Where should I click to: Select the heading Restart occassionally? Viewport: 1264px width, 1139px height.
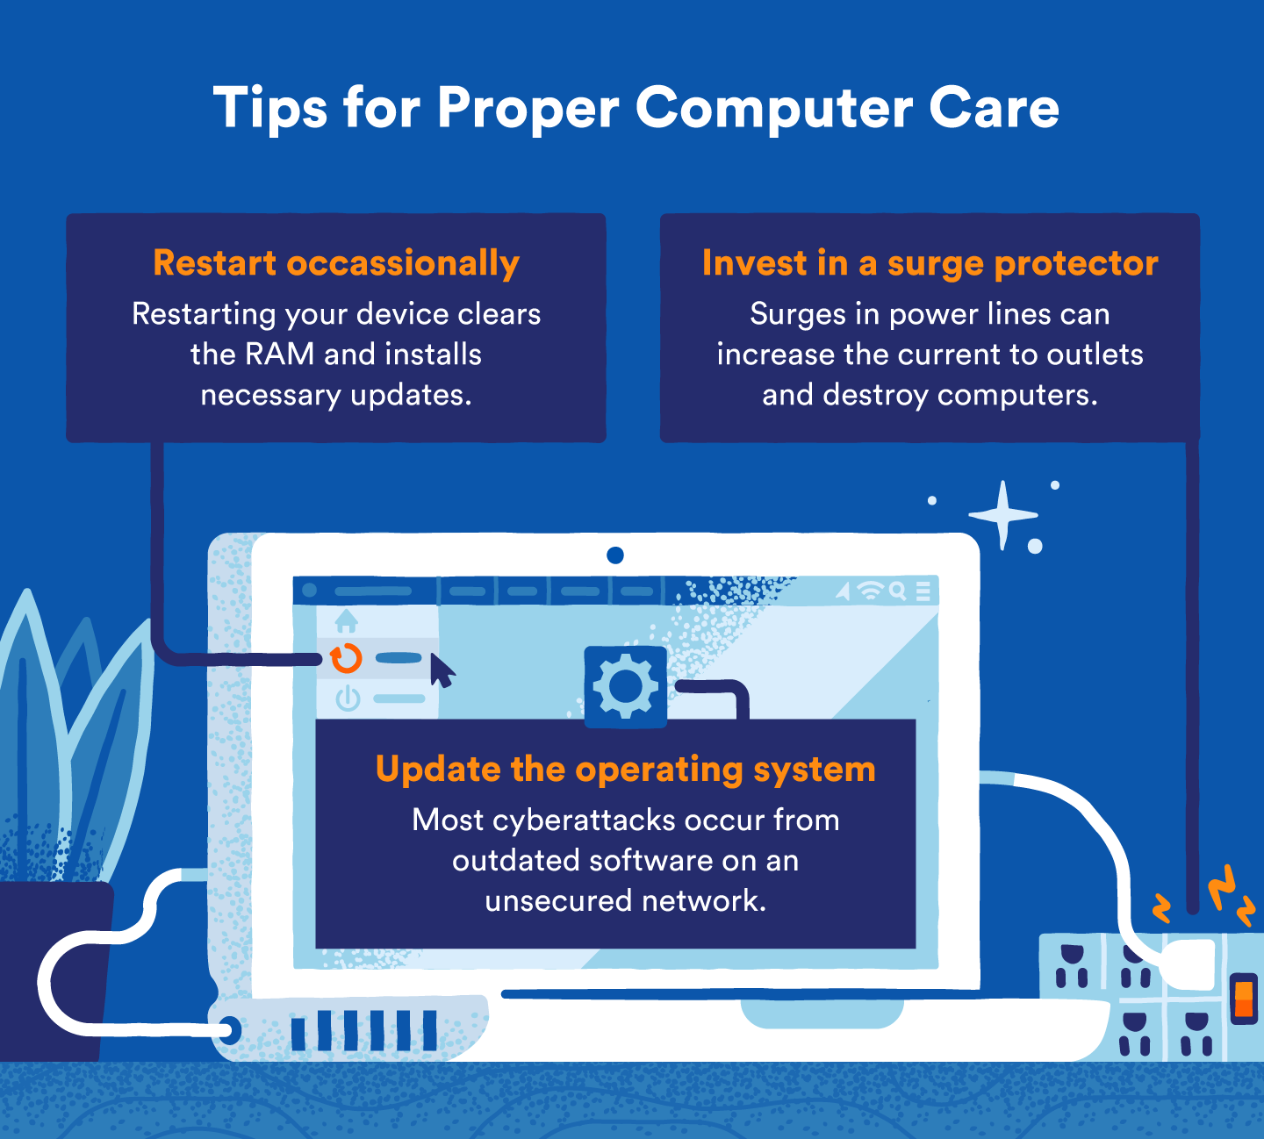pyautogui.click(x=336, y=263)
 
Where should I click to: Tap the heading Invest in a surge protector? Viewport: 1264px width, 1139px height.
pyautogui.click(x=930, y=263)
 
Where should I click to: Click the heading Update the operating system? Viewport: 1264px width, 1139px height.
pyautogui.click(x=625, y=770)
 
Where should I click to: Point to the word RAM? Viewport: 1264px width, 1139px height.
pyautogui.click(x=279, y=355)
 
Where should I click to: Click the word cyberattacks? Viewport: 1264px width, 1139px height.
pyautogui.click(x=584, y=820)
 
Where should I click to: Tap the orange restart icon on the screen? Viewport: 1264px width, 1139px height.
pyautogui.click(x=346, y=658)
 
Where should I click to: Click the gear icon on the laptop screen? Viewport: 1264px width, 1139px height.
pyautogui.click(x=625, y=687)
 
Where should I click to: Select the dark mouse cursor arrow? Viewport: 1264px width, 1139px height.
pyautogui.click(x=442, y=671)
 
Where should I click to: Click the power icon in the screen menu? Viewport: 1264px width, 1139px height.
pyautogui.click(x=348, y=699)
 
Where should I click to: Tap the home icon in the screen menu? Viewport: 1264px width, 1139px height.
pyautogui.click(x=347, y=621)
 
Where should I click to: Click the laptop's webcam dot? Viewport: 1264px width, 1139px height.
pyautogui.click(x=615, y=555)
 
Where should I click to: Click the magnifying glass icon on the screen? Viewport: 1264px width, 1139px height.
pyautogui.click(x=897, y=591)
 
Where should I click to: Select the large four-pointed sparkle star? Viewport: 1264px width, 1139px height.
pyautogui.click(x=1003, y=515)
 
